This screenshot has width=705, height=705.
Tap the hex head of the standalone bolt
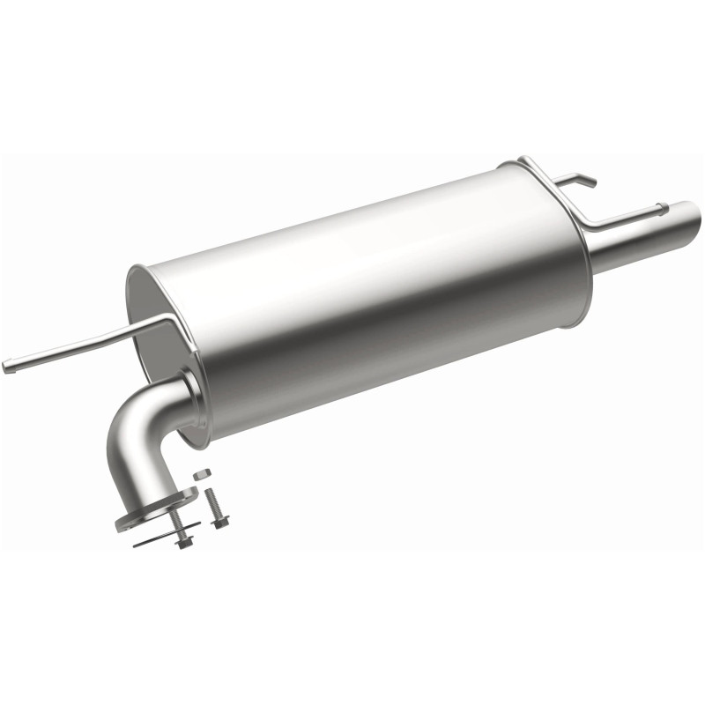(x=220, y=523)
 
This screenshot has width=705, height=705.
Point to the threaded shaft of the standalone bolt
(x=212, y=503)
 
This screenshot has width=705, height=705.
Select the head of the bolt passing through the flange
(x=183, y=542)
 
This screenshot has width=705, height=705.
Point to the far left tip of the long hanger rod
(x=7, y=367)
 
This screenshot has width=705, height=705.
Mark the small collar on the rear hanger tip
(x=662, y=210)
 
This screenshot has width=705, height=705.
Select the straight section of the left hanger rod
(x=79, y=346)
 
